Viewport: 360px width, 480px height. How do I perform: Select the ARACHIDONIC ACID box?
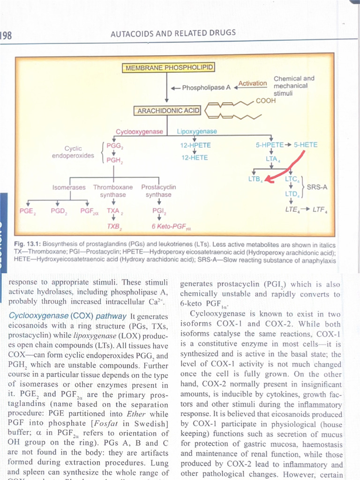tap(168, 111)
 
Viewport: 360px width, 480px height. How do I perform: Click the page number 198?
tap(6, 35)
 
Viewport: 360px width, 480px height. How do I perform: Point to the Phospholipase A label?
tap(206, 87)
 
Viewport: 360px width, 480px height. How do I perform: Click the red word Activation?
tap(253, 83)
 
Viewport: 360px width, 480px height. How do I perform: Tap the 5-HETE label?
tap(305, 144)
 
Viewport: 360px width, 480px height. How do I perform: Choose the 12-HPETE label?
tap(195, 145)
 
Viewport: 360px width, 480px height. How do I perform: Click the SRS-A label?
tap(316, 187)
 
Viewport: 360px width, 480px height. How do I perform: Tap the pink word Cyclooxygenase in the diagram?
tap(139, 132)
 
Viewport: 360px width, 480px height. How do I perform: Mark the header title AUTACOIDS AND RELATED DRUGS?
tap(173, 33)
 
